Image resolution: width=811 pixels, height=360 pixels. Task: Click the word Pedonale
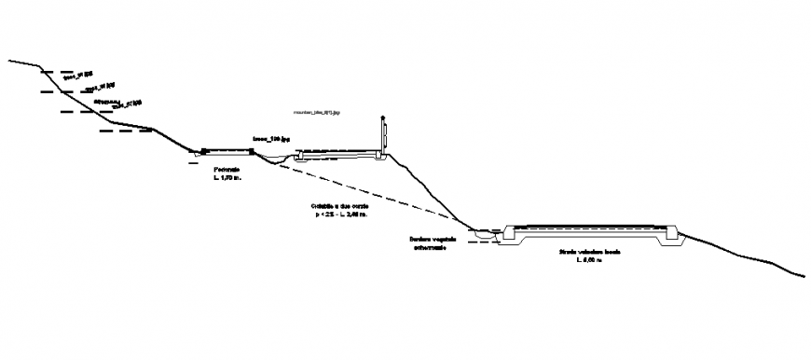coord(227,169)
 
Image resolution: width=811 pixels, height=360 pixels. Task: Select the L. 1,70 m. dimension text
coord(227,177)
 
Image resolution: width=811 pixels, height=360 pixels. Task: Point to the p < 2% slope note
coord(340,215)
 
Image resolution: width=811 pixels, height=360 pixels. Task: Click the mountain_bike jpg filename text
coord(318,112)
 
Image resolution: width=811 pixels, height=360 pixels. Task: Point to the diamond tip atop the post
coord(381,118)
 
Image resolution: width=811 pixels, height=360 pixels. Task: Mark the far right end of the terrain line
coord(804,275)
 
